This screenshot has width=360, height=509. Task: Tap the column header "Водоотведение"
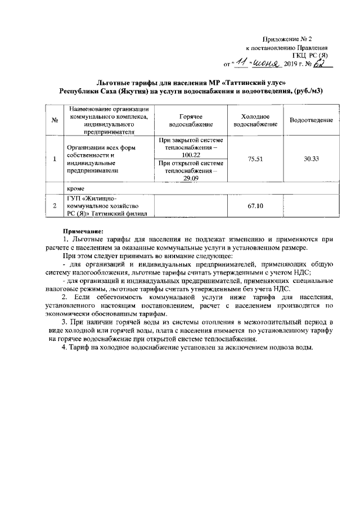click(311, 120)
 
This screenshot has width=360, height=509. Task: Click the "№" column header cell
click(55, 120)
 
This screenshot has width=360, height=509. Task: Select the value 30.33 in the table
click(311, 159)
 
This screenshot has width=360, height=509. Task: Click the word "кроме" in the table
click(75, 189)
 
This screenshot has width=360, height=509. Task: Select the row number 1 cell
click(55, 159)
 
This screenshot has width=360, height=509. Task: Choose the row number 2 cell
click(55, 206)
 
